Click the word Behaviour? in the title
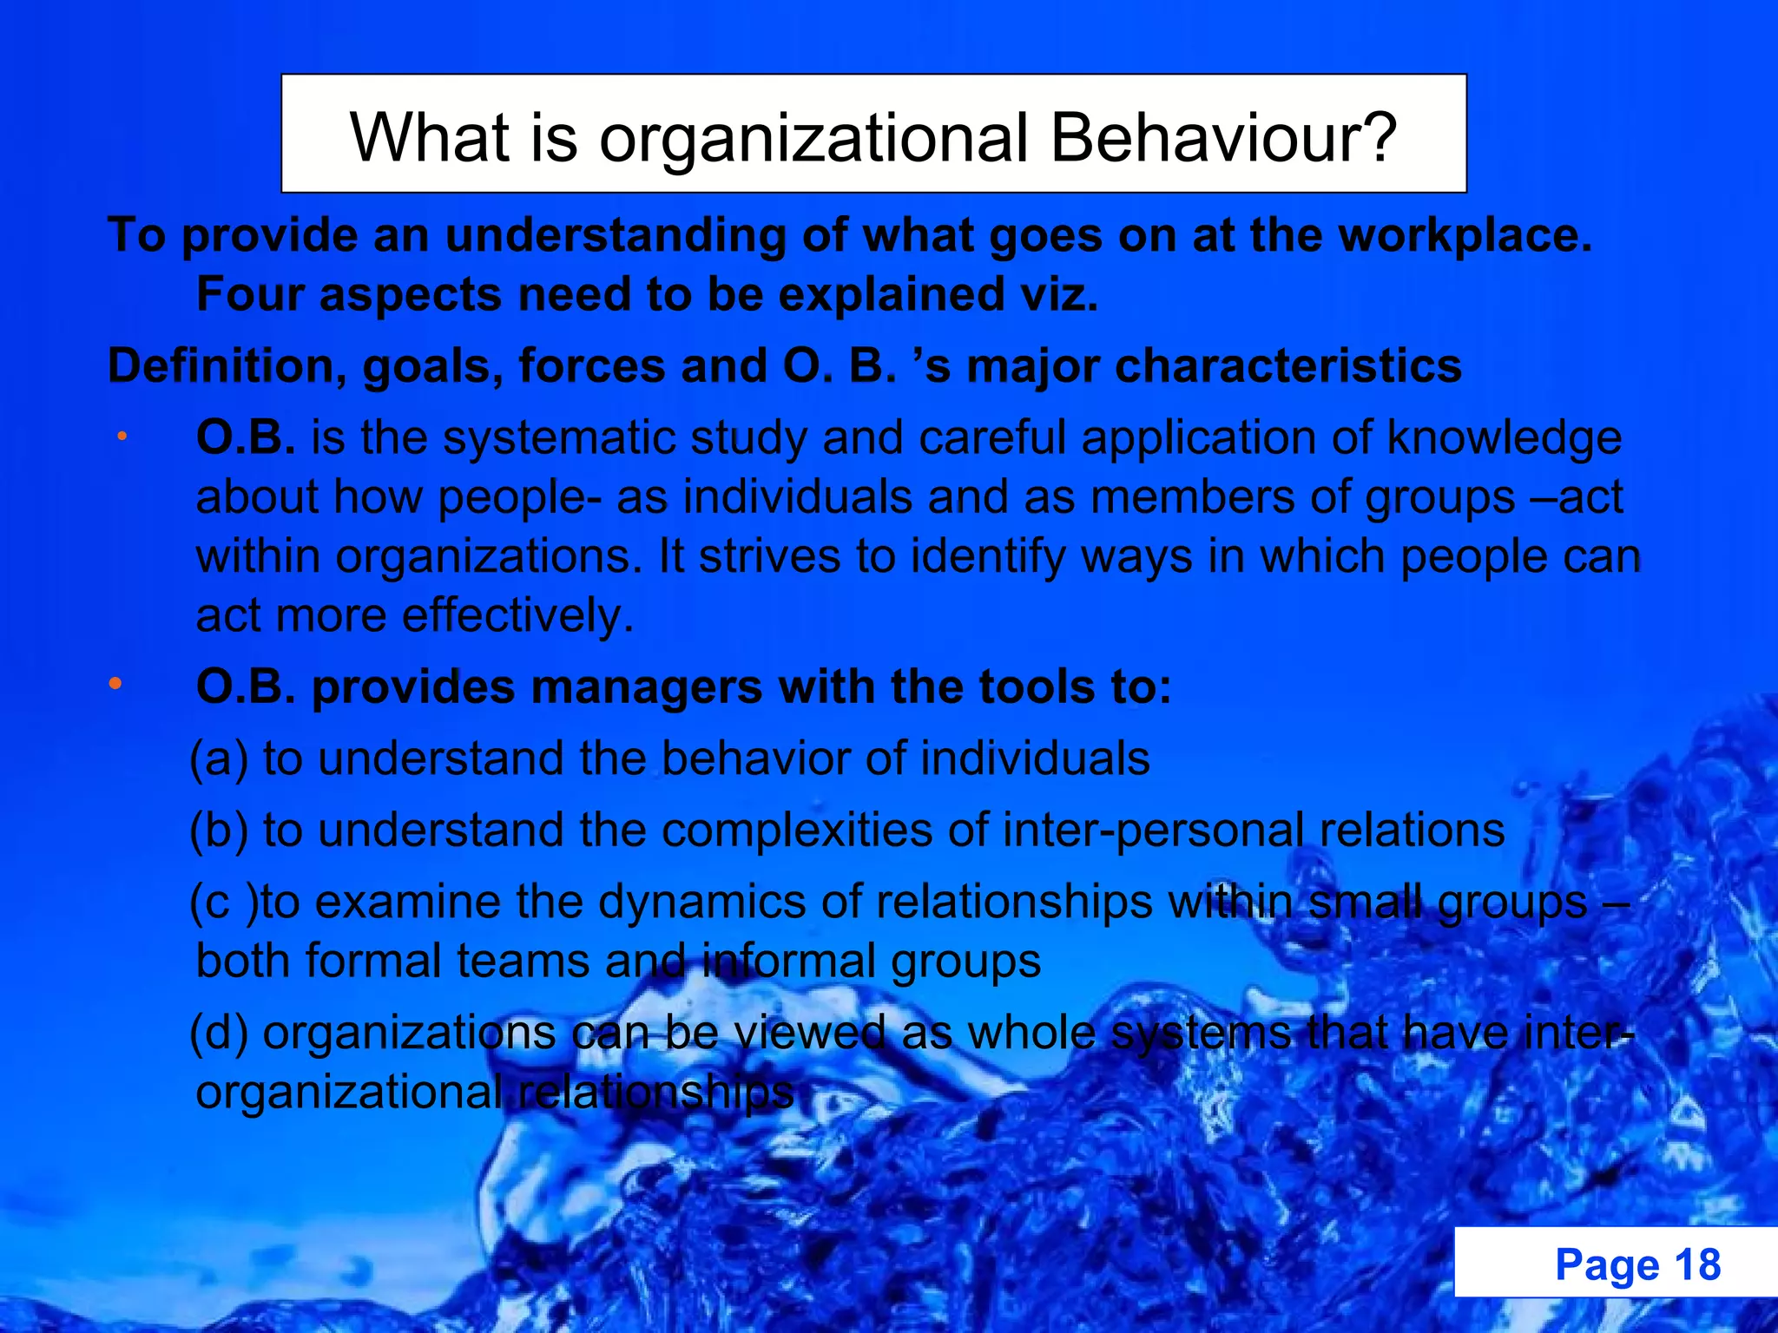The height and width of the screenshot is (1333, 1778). coord(1223,138)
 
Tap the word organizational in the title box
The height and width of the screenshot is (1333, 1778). coord(813,138)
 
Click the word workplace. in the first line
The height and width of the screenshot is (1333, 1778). coord(1465,235)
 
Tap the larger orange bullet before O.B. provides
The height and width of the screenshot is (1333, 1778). coord(115,685)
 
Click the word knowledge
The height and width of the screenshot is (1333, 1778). coord(1504,437)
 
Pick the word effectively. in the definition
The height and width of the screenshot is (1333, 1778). coord(518,615)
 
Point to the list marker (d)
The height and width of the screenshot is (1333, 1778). coord(220,1033)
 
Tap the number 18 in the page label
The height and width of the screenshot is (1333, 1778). coord(1697,1264)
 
